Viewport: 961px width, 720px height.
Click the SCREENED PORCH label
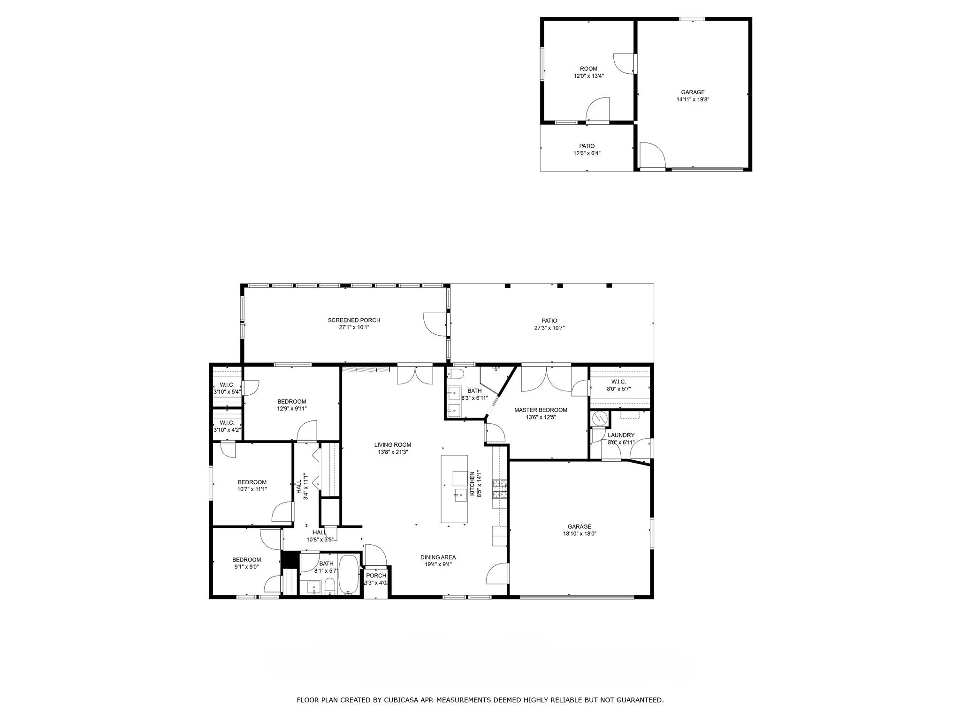(x=354, y=320)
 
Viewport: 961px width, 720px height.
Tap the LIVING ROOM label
(x=393, y=445)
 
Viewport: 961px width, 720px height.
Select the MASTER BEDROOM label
(x=541, y=410)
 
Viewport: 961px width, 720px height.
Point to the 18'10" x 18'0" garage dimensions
(x=580, y=533)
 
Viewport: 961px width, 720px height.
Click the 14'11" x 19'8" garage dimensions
(x=693, y=99)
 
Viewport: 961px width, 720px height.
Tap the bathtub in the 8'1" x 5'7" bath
(x=349, y=575)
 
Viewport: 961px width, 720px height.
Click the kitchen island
(x=454, y=489)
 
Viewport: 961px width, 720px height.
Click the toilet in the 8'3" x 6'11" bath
(x=455, y=374)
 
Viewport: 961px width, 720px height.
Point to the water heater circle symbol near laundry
(x=599, y=419)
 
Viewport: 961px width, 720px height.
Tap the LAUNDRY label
(x=621, y=435)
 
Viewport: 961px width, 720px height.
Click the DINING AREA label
(x=438, y=557)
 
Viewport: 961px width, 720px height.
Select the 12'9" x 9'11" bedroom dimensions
(x=291, y=408)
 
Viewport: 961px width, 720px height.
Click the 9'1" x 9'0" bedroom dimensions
(x=246, y=567)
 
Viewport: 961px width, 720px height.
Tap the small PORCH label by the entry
(x=376, y=576)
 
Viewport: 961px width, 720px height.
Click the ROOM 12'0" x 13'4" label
(x=588, y=72)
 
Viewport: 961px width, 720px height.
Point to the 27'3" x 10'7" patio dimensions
(x=549, y=328)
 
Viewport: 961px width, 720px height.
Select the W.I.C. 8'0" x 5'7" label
(x=619, y=385)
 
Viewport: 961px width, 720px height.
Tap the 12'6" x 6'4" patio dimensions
(x=587, y=153)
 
